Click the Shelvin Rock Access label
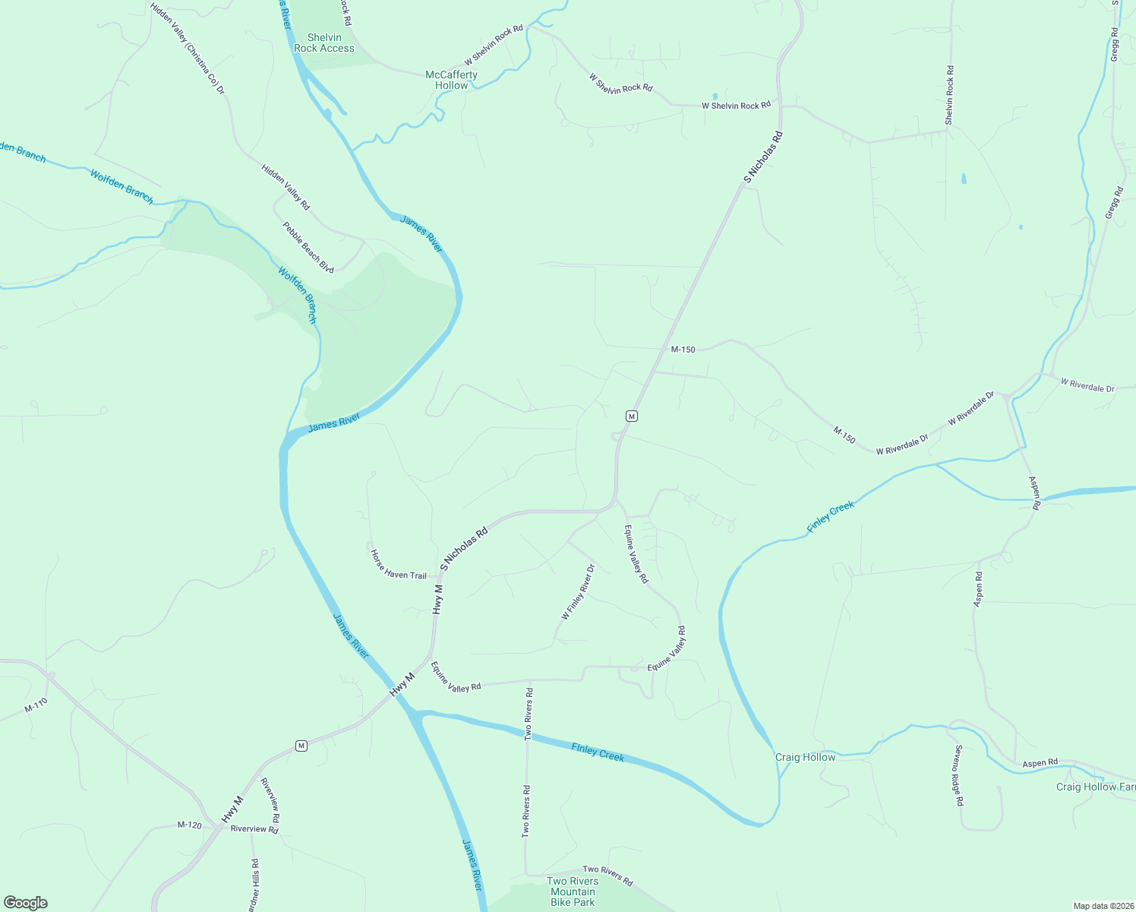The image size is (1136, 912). tap(324, 43)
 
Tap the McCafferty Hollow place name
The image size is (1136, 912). tap(451, 80)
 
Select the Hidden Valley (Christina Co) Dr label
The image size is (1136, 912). tap(188, 49)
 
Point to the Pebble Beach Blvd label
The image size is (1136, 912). tap(308, 247)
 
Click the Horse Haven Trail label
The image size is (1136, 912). tap(398, 565)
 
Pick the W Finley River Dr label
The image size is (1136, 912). tap(577, 591)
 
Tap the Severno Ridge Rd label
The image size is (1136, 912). tap(958, 774)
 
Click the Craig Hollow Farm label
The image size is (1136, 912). tap(1095, 787)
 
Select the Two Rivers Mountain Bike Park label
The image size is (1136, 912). tap(573, 891)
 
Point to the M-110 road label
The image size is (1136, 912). tap(36, 705)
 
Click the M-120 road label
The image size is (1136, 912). tap(190, 825)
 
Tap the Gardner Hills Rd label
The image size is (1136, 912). tap(254, 885)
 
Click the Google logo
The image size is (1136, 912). tap(26, 902)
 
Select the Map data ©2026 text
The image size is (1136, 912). tap(1103, 906)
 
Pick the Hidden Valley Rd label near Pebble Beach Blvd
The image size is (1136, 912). tap(286, 187)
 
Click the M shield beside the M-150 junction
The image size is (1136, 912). tap(631, 416)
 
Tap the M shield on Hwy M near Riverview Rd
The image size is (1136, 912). tap(301, 746)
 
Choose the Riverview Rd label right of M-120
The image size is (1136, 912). tap(254, 829)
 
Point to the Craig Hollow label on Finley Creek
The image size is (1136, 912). tap(805, 757)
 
